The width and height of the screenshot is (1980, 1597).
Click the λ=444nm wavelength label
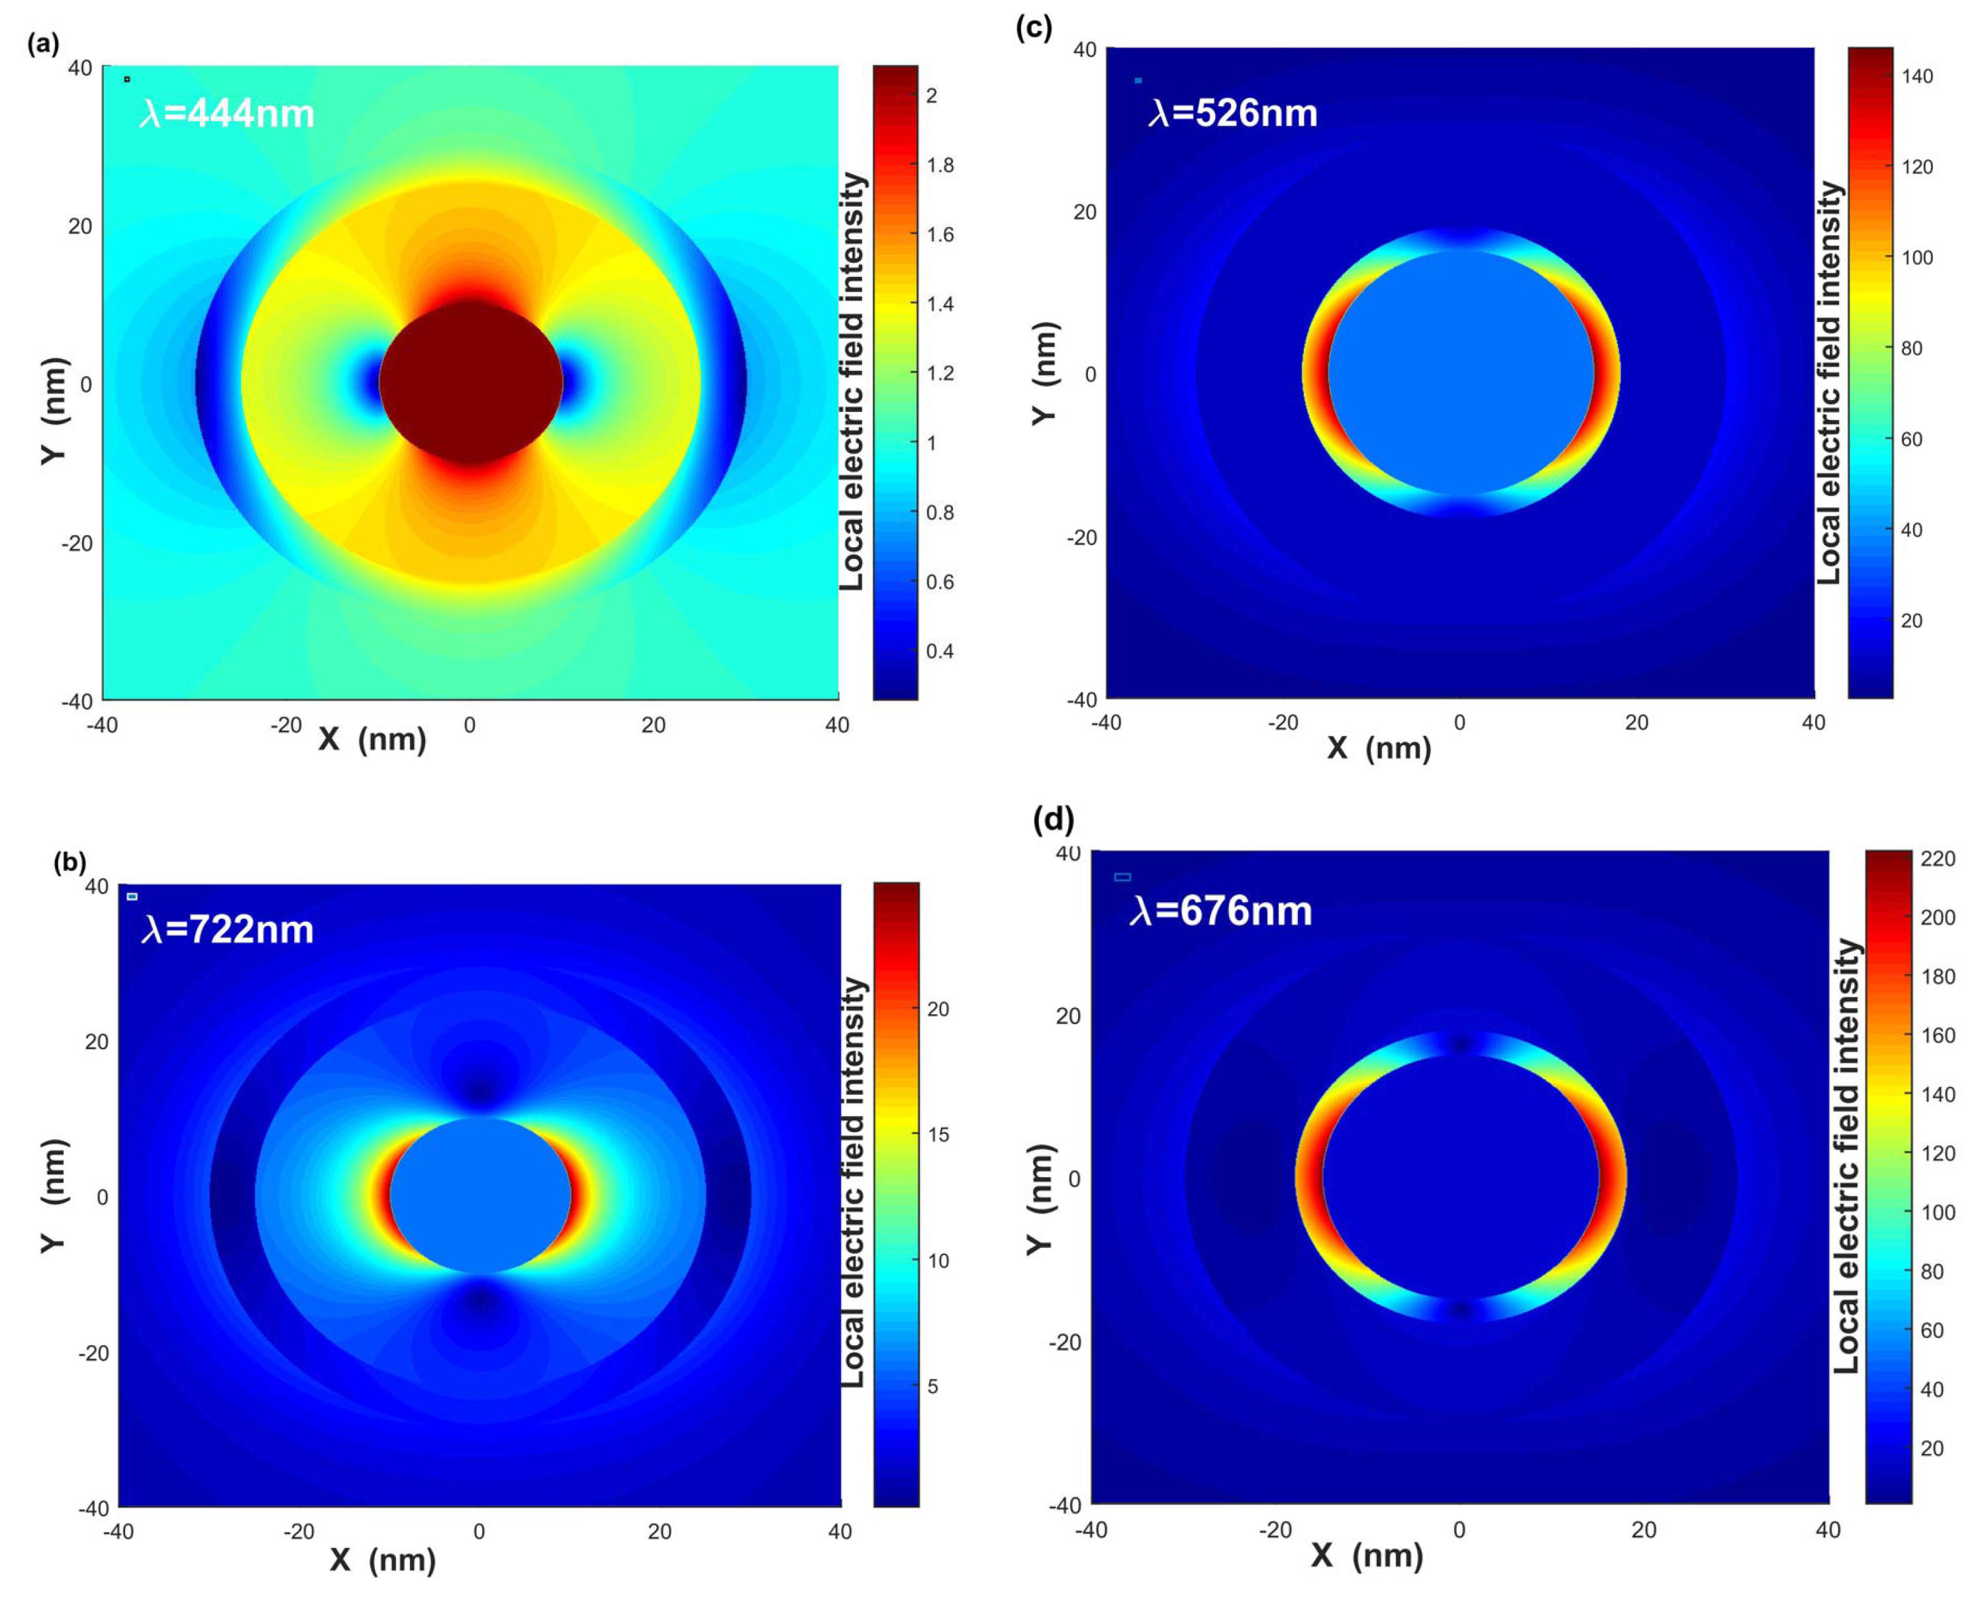[227, 114]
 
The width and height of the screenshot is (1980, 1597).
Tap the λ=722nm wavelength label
[227, 930]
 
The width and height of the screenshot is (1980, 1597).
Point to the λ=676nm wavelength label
[1220, 911]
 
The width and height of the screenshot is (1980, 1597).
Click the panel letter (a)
[43, 43]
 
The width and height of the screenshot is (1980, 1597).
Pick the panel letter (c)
[1034, 28]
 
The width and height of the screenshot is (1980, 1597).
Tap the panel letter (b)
[70, 862]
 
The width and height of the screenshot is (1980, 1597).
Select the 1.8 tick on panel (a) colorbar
[940, 166]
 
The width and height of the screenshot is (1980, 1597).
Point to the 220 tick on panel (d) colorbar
[1937, 858]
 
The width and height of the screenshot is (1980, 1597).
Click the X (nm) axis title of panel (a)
[372, 739]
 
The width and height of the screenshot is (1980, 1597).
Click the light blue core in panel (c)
[1460, 372]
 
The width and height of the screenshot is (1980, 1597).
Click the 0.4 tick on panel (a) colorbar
[940, 651]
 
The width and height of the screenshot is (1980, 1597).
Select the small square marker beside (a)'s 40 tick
[127, 79]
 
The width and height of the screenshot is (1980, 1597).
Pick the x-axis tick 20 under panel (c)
[1636, 722]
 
